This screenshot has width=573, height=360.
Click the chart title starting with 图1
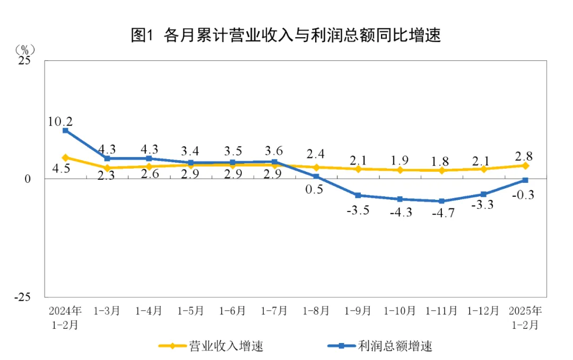(x=286, y=36)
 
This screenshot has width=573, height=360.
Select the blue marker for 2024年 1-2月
(x=65, y=130)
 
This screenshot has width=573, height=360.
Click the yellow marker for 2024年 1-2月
(x=65, y=157)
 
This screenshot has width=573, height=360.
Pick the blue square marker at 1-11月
(x=441, y=201)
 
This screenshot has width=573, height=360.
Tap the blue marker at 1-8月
(x=316, y=176)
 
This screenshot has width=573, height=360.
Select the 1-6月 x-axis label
(x=232, y=311)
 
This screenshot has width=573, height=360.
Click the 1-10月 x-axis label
(x=400, y=311)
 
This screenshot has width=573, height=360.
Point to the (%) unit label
(x=24, y=50)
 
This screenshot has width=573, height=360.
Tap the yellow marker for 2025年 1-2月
(x=525, y=165)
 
